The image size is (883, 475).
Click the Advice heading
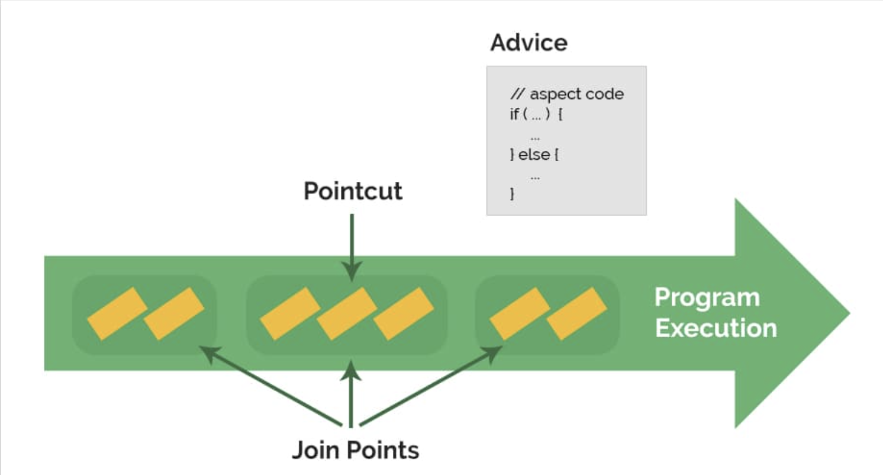point(528,43)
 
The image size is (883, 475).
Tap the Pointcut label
point(353,191)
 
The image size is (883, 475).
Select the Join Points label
point(355,450)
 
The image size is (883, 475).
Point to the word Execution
point(716,328)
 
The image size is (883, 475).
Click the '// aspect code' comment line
point(567,94)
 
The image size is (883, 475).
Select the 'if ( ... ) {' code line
point(536,114)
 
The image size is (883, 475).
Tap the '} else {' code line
point(534,154)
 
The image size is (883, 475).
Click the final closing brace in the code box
point(512,194)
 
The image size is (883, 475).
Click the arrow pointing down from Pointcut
point(352,248)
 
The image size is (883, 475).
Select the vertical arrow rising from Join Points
point(351,393)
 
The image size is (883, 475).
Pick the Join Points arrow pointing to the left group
point(270,386)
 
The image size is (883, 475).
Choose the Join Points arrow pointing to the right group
point(431,386)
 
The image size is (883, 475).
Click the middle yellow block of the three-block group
point(347,314)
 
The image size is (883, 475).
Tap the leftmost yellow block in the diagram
point(117,314)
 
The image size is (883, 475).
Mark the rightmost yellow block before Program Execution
point(576,314)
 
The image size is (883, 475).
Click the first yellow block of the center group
point(290,314)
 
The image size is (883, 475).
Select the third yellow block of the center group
point(404,314)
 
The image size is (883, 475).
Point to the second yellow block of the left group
point(174,314)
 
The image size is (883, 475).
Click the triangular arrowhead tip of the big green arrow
point(850,314)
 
